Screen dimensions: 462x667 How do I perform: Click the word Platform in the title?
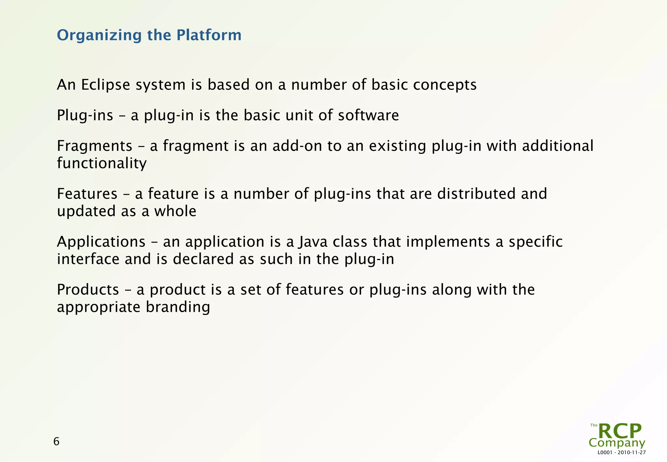(209, 35)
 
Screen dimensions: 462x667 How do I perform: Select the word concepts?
(445, 85)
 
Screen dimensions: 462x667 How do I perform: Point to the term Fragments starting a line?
(94, 146)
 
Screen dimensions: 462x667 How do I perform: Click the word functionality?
(102, 163)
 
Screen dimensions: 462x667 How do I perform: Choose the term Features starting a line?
(87, 194)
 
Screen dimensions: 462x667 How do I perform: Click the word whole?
(175, 211)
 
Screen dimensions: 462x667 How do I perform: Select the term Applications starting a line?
(101, 242)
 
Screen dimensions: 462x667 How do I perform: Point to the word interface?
(88, 259)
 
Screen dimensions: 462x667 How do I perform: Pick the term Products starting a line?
(88, 290)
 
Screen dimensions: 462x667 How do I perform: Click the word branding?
(177, 307)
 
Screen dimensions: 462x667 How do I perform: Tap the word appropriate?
(98, 307)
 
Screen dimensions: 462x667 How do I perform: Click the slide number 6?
(56, 442)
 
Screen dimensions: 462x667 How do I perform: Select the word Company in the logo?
(617, 443)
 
